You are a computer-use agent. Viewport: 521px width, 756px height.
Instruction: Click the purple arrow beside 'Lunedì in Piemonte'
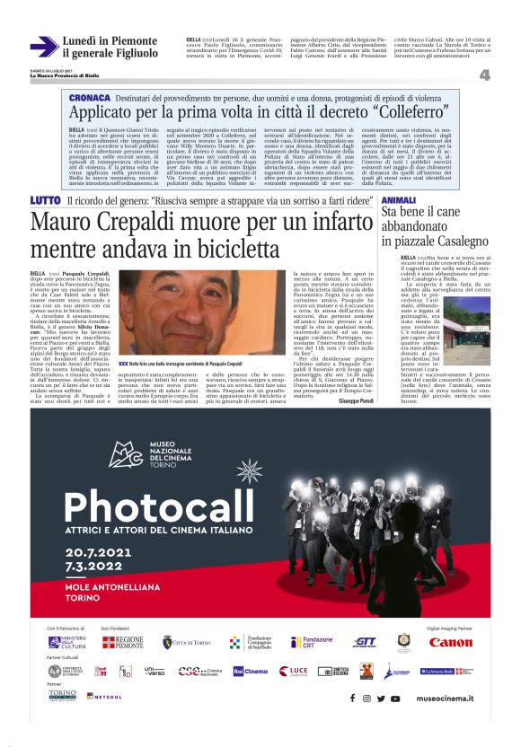point(43,47)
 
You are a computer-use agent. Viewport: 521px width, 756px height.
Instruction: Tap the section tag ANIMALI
point(398,199)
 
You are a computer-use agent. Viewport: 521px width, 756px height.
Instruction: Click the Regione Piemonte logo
point(122,642)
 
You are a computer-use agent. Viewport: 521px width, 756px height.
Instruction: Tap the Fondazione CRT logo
point(313,642)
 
